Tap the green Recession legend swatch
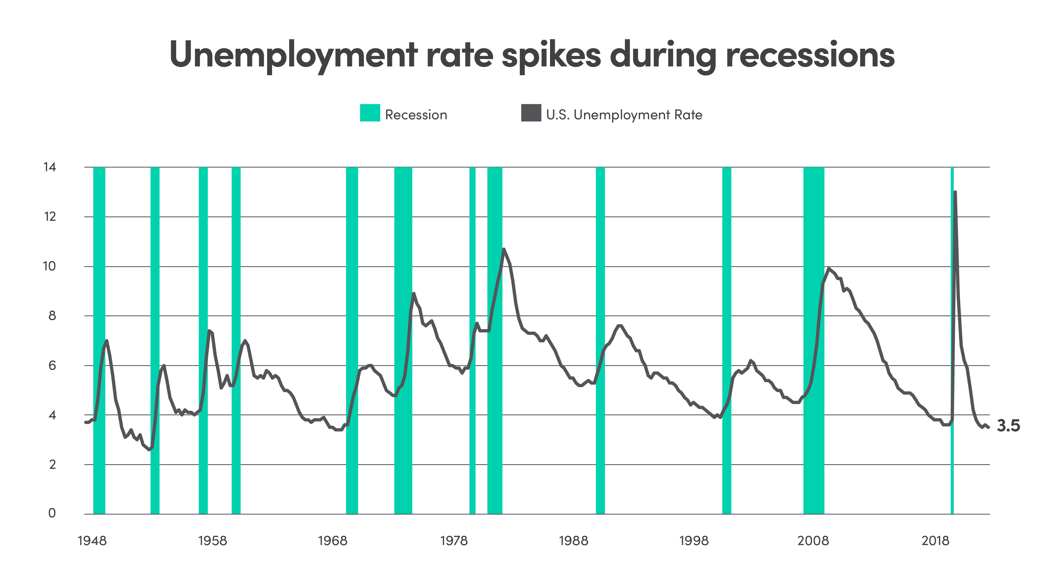[x=370, y=113]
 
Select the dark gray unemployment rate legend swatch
[x=531, y=113]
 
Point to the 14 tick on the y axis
[x=50, y=167]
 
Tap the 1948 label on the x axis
[x=92, y=541]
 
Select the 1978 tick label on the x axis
[x=454, y=541]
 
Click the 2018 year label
[x=935, y=541]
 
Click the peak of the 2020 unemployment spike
[x=955, y=192]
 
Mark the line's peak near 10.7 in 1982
[x=504, y=249]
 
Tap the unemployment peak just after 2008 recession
[x=828, y=268]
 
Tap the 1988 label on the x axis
[x=573, y=541]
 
